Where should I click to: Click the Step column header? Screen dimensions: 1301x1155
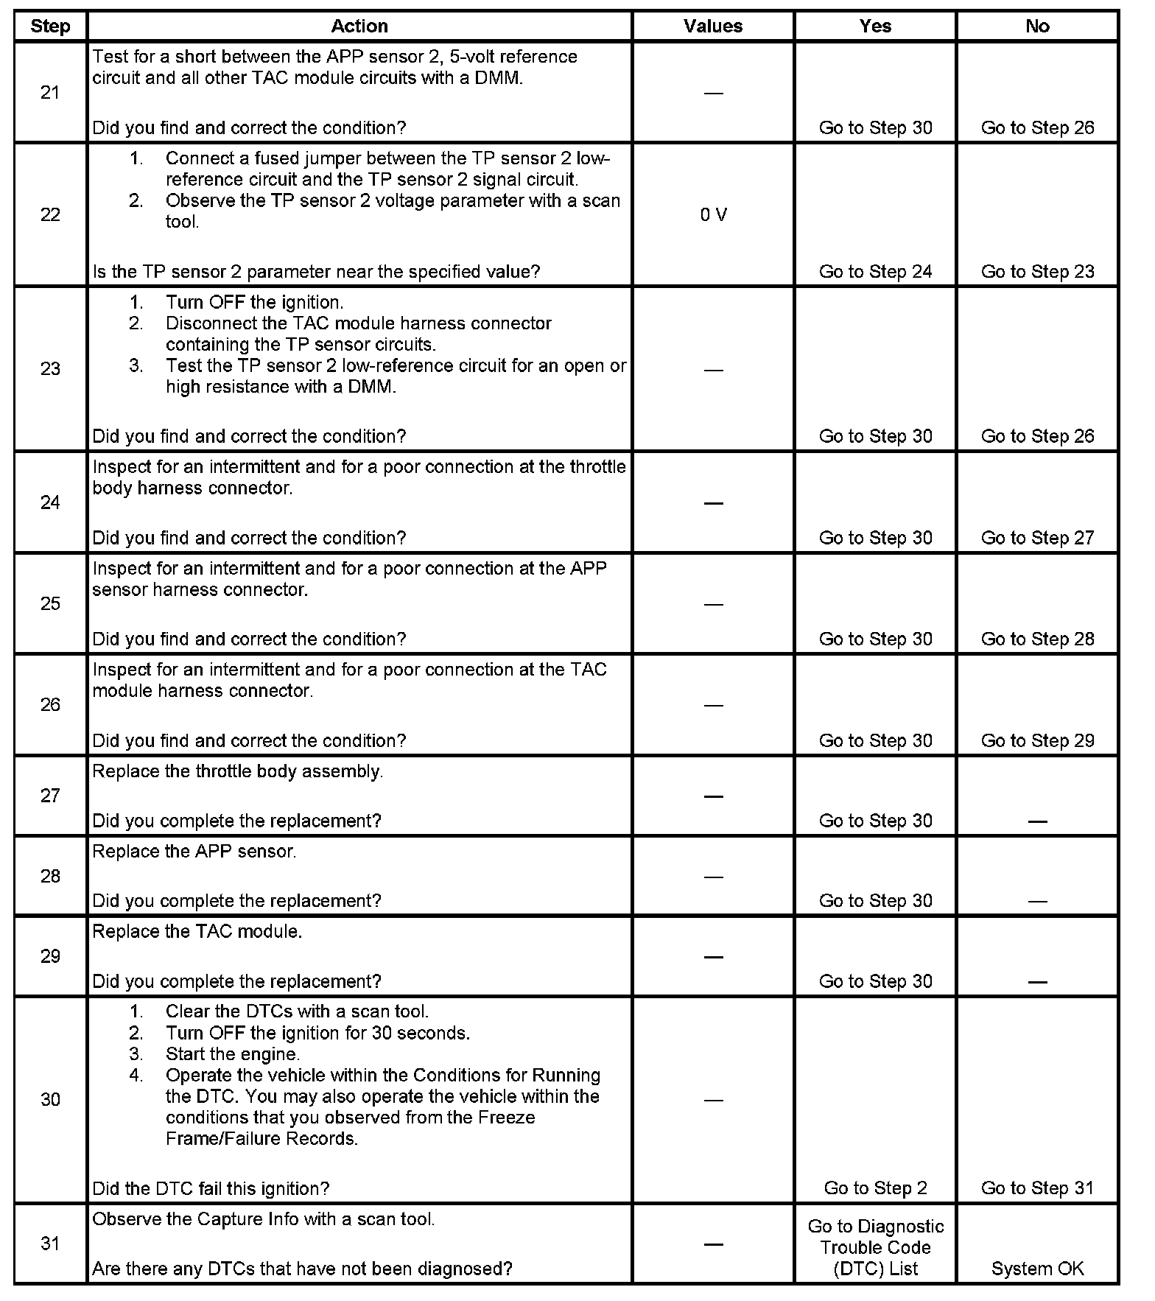tap(50, 27)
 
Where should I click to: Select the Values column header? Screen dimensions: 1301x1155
tap(712, 27)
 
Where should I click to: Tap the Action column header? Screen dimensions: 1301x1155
tap(359, 27)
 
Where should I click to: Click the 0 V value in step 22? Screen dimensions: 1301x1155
tap(713, 215)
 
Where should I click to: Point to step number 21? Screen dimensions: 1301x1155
tap(50, 93)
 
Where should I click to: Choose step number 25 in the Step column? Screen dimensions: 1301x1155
tap(50, 604)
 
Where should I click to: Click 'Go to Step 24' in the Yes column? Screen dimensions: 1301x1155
tap(875, 272)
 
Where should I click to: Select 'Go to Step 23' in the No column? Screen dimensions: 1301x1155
tap(1037, 272)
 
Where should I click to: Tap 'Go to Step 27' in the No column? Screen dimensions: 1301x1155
tap(1037, 539)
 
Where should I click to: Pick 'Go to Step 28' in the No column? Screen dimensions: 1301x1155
tap(1037, 639)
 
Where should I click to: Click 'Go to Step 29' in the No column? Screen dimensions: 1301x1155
tap(1037, 741)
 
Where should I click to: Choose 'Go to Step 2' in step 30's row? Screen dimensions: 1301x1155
tap(875, 1188)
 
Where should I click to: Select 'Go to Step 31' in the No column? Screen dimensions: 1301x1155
tap(1037, 1188)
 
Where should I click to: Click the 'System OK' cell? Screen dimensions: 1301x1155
tap(1037, 1269)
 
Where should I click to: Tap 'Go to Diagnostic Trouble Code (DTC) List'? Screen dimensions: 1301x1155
tap(875, 1247)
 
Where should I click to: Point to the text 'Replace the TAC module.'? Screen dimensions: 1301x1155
tap(197, 932)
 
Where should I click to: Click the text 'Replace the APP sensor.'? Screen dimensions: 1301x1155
tap(194, 852)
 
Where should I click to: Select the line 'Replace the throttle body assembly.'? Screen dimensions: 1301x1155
tap(237, 772)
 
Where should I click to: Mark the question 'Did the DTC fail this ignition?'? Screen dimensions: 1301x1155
tap(211, 1188)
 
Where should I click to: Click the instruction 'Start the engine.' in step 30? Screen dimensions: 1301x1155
tap(233, 1054)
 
